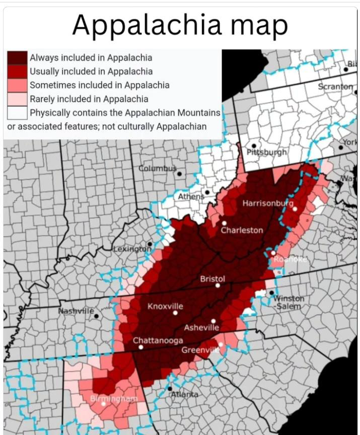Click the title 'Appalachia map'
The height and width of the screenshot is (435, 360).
click(x=180, y=25)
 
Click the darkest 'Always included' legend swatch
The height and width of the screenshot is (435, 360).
click(x=17, y=58)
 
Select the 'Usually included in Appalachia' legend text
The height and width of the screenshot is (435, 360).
click(x=91, y=71)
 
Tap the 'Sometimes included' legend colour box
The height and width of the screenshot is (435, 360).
click(x=17, y=85)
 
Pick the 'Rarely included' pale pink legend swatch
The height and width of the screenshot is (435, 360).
click(x=17, y=99)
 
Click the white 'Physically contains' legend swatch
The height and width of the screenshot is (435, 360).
click(x=17, y=112)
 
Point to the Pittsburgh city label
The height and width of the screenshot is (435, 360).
click(x=267, y=152)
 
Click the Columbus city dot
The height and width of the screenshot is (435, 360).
click(x=179, y=174)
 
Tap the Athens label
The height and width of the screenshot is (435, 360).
click(x=190, y=196)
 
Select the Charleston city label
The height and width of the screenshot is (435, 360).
click(x=242, y=230)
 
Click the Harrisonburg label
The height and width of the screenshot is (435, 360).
click(x=267, y=203)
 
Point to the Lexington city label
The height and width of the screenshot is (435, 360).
click(x=131, y=249)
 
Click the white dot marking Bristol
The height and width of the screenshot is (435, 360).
click(x=218, y=285)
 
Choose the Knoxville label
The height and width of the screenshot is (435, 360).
click(x=165, y=306)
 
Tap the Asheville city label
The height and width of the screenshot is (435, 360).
click(x=201, y=328)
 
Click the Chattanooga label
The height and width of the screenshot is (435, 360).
click(x=158, y=340)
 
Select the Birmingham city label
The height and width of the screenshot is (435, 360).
click(x=113, y=399)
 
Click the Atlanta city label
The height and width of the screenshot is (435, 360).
click(x=184, y=394)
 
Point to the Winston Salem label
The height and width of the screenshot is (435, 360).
click(x=289, y=302)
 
